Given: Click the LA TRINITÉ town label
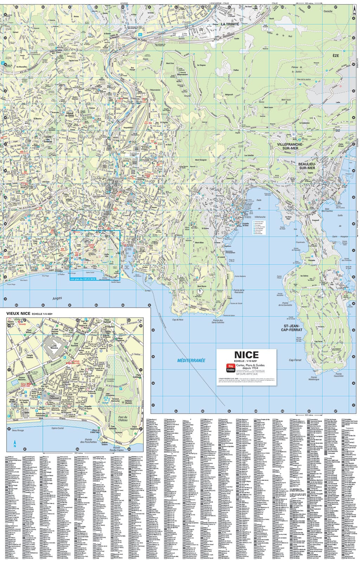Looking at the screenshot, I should tap(230, 24).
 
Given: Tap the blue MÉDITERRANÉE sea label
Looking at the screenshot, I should tap(191, 360).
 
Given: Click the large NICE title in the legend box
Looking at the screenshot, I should tap(246, 355).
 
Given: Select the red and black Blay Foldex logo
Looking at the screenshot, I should tap(230, 367).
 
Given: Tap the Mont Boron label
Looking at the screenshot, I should tap(201, 286).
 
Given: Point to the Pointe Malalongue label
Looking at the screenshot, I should tap(314, 378).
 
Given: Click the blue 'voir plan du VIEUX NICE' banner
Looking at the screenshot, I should tap(83, 279).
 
